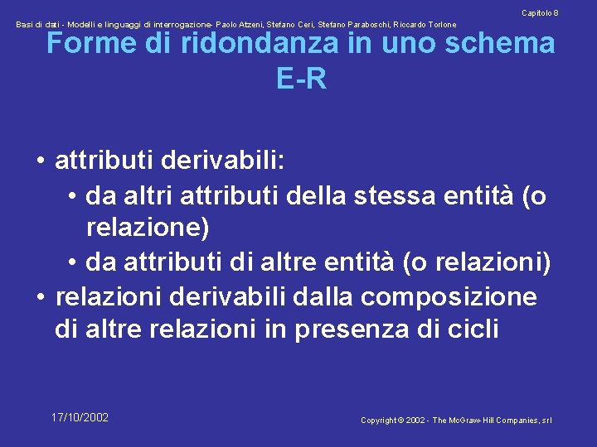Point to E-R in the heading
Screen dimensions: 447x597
tap(301, 79)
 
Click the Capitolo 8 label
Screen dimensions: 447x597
tap(539, 13)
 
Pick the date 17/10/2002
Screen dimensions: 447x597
tap(80, 417)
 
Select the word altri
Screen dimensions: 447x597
tap(143, 197)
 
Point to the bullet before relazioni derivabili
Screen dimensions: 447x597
tap(40, 297)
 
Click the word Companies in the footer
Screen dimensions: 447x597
tap(520, 421)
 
